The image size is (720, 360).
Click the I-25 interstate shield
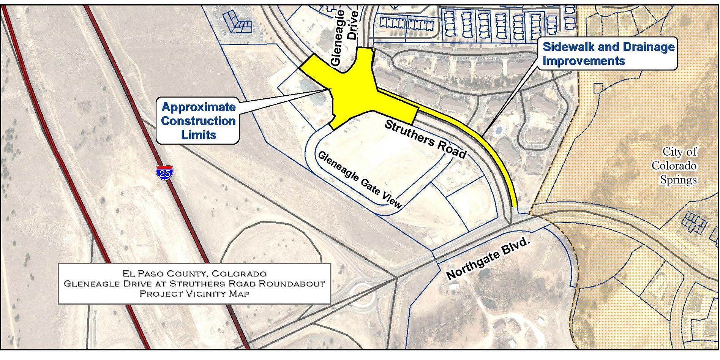click(x=164, y=172)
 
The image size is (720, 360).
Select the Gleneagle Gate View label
click(x=359, y=180)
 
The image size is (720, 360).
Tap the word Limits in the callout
click(x=199, y=135)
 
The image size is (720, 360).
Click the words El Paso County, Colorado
click(x=194, y=273)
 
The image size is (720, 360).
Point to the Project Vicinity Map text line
click(x=194, y=294)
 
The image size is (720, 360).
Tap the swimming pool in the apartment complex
click(x=499, y=130)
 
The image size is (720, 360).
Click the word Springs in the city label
click(x=678, y=180)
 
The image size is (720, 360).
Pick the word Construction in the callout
click(x=198, y=121)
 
